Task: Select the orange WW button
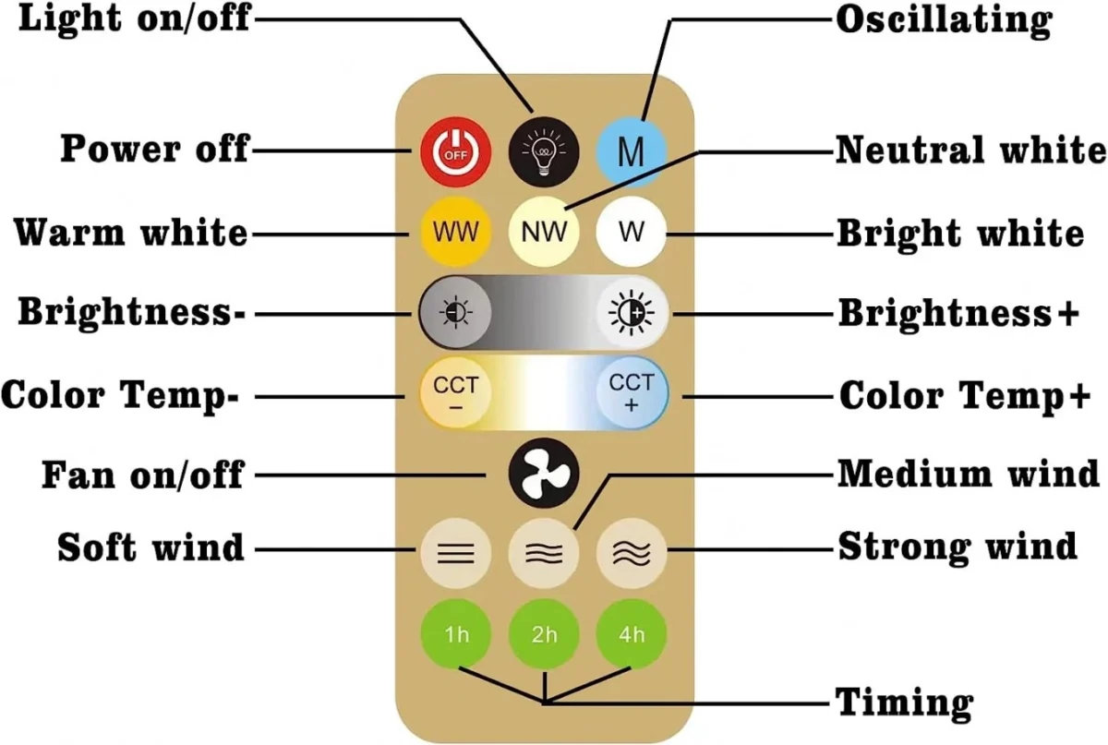455,232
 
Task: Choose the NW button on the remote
544,232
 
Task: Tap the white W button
632,232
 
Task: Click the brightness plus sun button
632,314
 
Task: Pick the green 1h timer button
456,635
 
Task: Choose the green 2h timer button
544,635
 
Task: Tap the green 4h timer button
632,635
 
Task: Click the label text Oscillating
943,20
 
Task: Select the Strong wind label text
957,546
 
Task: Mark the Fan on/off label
142,475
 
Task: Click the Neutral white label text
969,150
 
